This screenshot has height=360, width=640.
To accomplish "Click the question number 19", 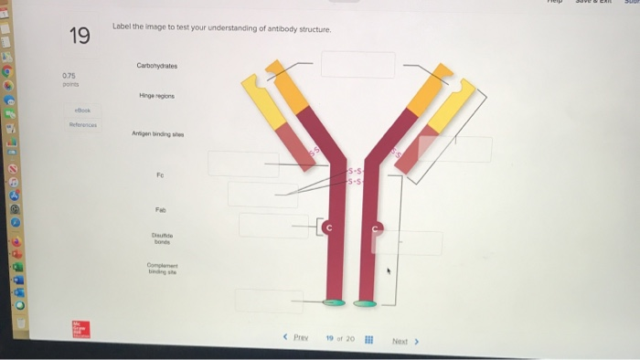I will point(80,37).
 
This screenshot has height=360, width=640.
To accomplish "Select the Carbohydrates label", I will point(156,66).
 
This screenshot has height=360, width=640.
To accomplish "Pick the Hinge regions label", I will point(157,96).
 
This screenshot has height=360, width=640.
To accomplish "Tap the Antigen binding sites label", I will point(157,134).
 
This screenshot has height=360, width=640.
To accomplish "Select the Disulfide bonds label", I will point(162,239).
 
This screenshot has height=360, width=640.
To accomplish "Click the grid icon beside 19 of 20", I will point(368,339).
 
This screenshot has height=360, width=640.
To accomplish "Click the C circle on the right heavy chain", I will point(374,226).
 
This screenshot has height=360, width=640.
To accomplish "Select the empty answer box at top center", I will point(357,65).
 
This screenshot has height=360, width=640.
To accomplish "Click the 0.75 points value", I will point(69,75).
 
